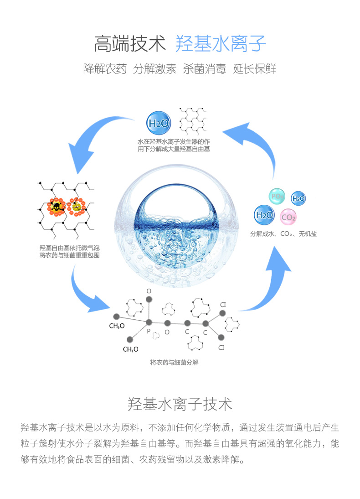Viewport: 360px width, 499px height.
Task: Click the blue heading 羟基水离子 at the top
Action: click(x=221, y=44)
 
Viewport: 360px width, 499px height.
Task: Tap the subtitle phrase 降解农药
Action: click(x=105, y=69)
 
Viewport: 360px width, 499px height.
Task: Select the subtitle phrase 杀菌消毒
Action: click(x=204, y=69)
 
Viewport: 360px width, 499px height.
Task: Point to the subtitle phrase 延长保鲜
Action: click(x=254, y=69)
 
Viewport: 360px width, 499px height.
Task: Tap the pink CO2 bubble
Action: click(x=288, y=217)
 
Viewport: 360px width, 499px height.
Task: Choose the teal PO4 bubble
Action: click(x=277, y=197)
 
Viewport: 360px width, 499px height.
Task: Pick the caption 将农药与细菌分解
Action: click(x=174, y=363)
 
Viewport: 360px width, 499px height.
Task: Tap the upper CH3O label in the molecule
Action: click(x=117, y=326)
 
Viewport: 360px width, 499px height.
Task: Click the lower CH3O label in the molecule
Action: click(x=130, y=349)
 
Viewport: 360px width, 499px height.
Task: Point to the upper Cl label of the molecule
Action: click(x=223, y=304)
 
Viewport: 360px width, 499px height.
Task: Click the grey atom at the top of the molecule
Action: click(x=148, y=299)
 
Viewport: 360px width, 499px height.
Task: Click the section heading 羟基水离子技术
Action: click(x=180, y=404)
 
